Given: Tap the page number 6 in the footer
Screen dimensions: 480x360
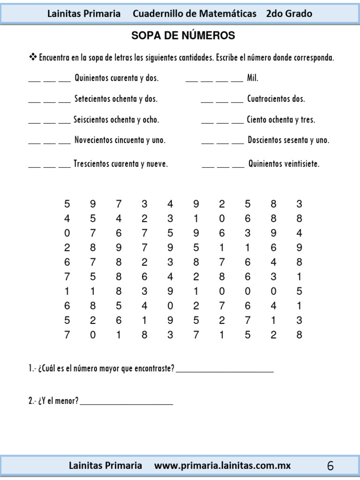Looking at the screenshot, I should pos(330,466).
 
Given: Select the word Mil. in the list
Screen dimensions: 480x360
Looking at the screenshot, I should pos(253,78).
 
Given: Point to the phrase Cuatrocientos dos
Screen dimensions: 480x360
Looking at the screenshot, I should pos(276,99).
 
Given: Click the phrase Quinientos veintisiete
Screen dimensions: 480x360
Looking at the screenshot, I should pos(284,164).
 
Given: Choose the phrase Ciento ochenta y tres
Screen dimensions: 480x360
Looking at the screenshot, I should pos(281,120).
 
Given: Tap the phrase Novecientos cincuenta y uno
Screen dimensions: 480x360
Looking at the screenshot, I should pos(120,140).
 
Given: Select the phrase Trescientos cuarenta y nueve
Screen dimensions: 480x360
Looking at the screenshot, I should pos(120,164).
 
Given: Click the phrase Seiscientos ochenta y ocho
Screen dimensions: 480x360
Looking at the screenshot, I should pos(116,120).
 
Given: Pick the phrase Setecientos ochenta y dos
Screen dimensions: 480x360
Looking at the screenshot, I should pos(116,99).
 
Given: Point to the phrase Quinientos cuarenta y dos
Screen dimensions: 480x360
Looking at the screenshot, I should pos(116,78).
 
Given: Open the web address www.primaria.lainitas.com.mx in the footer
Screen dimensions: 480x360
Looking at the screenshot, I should pos(222,466).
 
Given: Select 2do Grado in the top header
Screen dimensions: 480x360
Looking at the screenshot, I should pos(289,14).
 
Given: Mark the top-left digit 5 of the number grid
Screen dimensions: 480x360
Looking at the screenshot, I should pos(67,204).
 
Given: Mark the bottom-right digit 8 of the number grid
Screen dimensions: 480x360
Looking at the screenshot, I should pos(299,335).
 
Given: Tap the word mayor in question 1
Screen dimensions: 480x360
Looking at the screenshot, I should pos(109,369).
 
